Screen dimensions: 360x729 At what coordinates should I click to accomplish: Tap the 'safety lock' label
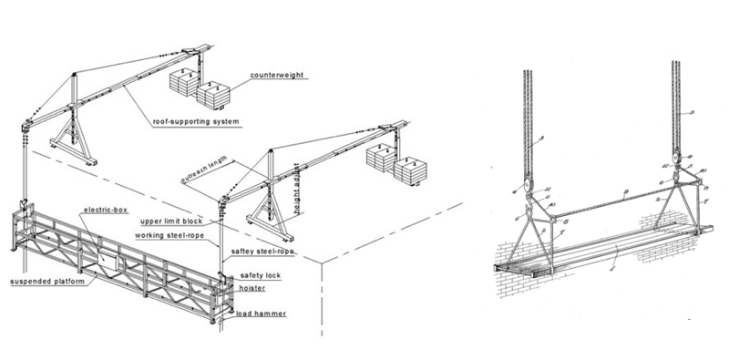pos(261,274)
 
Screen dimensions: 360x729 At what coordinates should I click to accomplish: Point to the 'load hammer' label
pos(261,314)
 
